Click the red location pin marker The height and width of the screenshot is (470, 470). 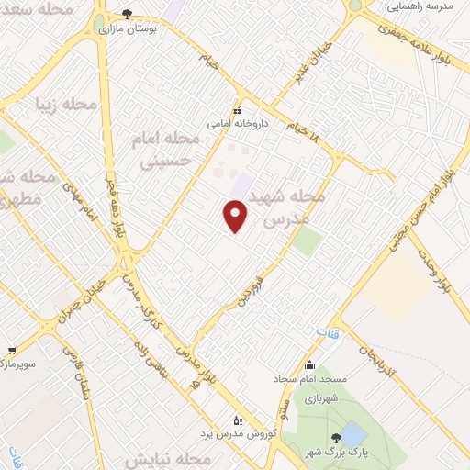pos(237,217)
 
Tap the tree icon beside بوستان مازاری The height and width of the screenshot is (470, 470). pos(127,15)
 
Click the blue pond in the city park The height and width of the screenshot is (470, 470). pos(352,434)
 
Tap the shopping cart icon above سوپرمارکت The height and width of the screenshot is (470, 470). pos(11,350)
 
